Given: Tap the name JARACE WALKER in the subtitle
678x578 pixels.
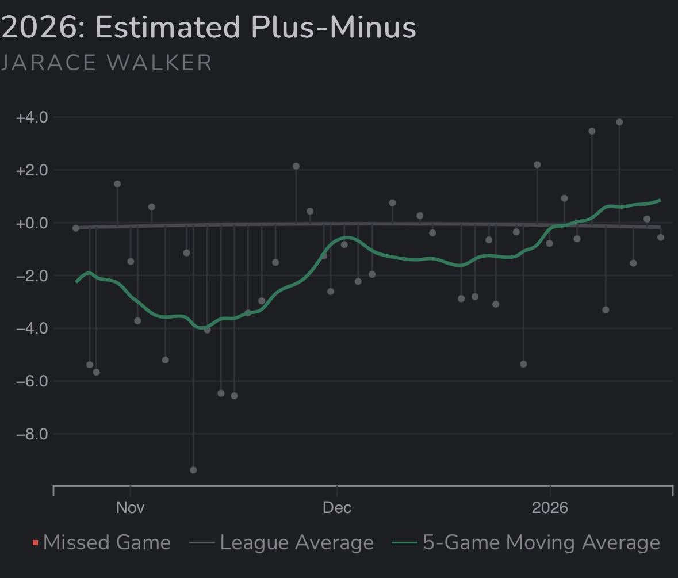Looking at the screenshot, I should (x=106, y=63).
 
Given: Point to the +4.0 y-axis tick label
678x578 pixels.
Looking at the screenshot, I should (x=32, y=117).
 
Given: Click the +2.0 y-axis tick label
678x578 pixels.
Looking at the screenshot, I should (x=32, y=170).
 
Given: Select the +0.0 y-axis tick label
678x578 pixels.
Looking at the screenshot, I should (x=32, y=223).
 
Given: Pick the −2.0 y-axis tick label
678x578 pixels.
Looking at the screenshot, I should (x=32, y=275).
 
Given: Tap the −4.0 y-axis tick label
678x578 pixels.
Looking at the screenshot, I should (x=32, y=328).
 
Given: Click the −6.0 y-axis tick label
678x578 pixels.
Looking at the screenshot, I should (x=32, y=381).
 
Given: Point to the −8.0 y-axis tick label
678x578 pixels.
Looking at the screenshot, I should (x=32, y=434).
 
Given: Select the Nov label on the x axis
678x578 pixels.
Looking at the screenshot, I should (x=131, y=507).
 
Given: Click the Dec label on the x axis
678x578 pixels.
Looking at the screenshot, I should (x=337, y=507).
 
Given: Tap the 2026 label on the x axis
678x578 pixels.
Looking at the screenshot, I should (x=550, y=507).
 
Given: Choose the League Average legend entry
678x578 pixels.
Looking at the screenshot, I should (x=297, y=542).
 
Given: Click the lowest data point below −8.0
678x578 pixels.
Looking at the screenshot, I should (x=193, y=470).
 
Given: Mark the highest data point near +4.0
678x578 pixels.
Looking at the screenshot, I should (x=619, y=122).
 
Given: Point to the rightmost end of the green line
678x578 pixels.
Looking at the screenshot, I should (x=660, y=200).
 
